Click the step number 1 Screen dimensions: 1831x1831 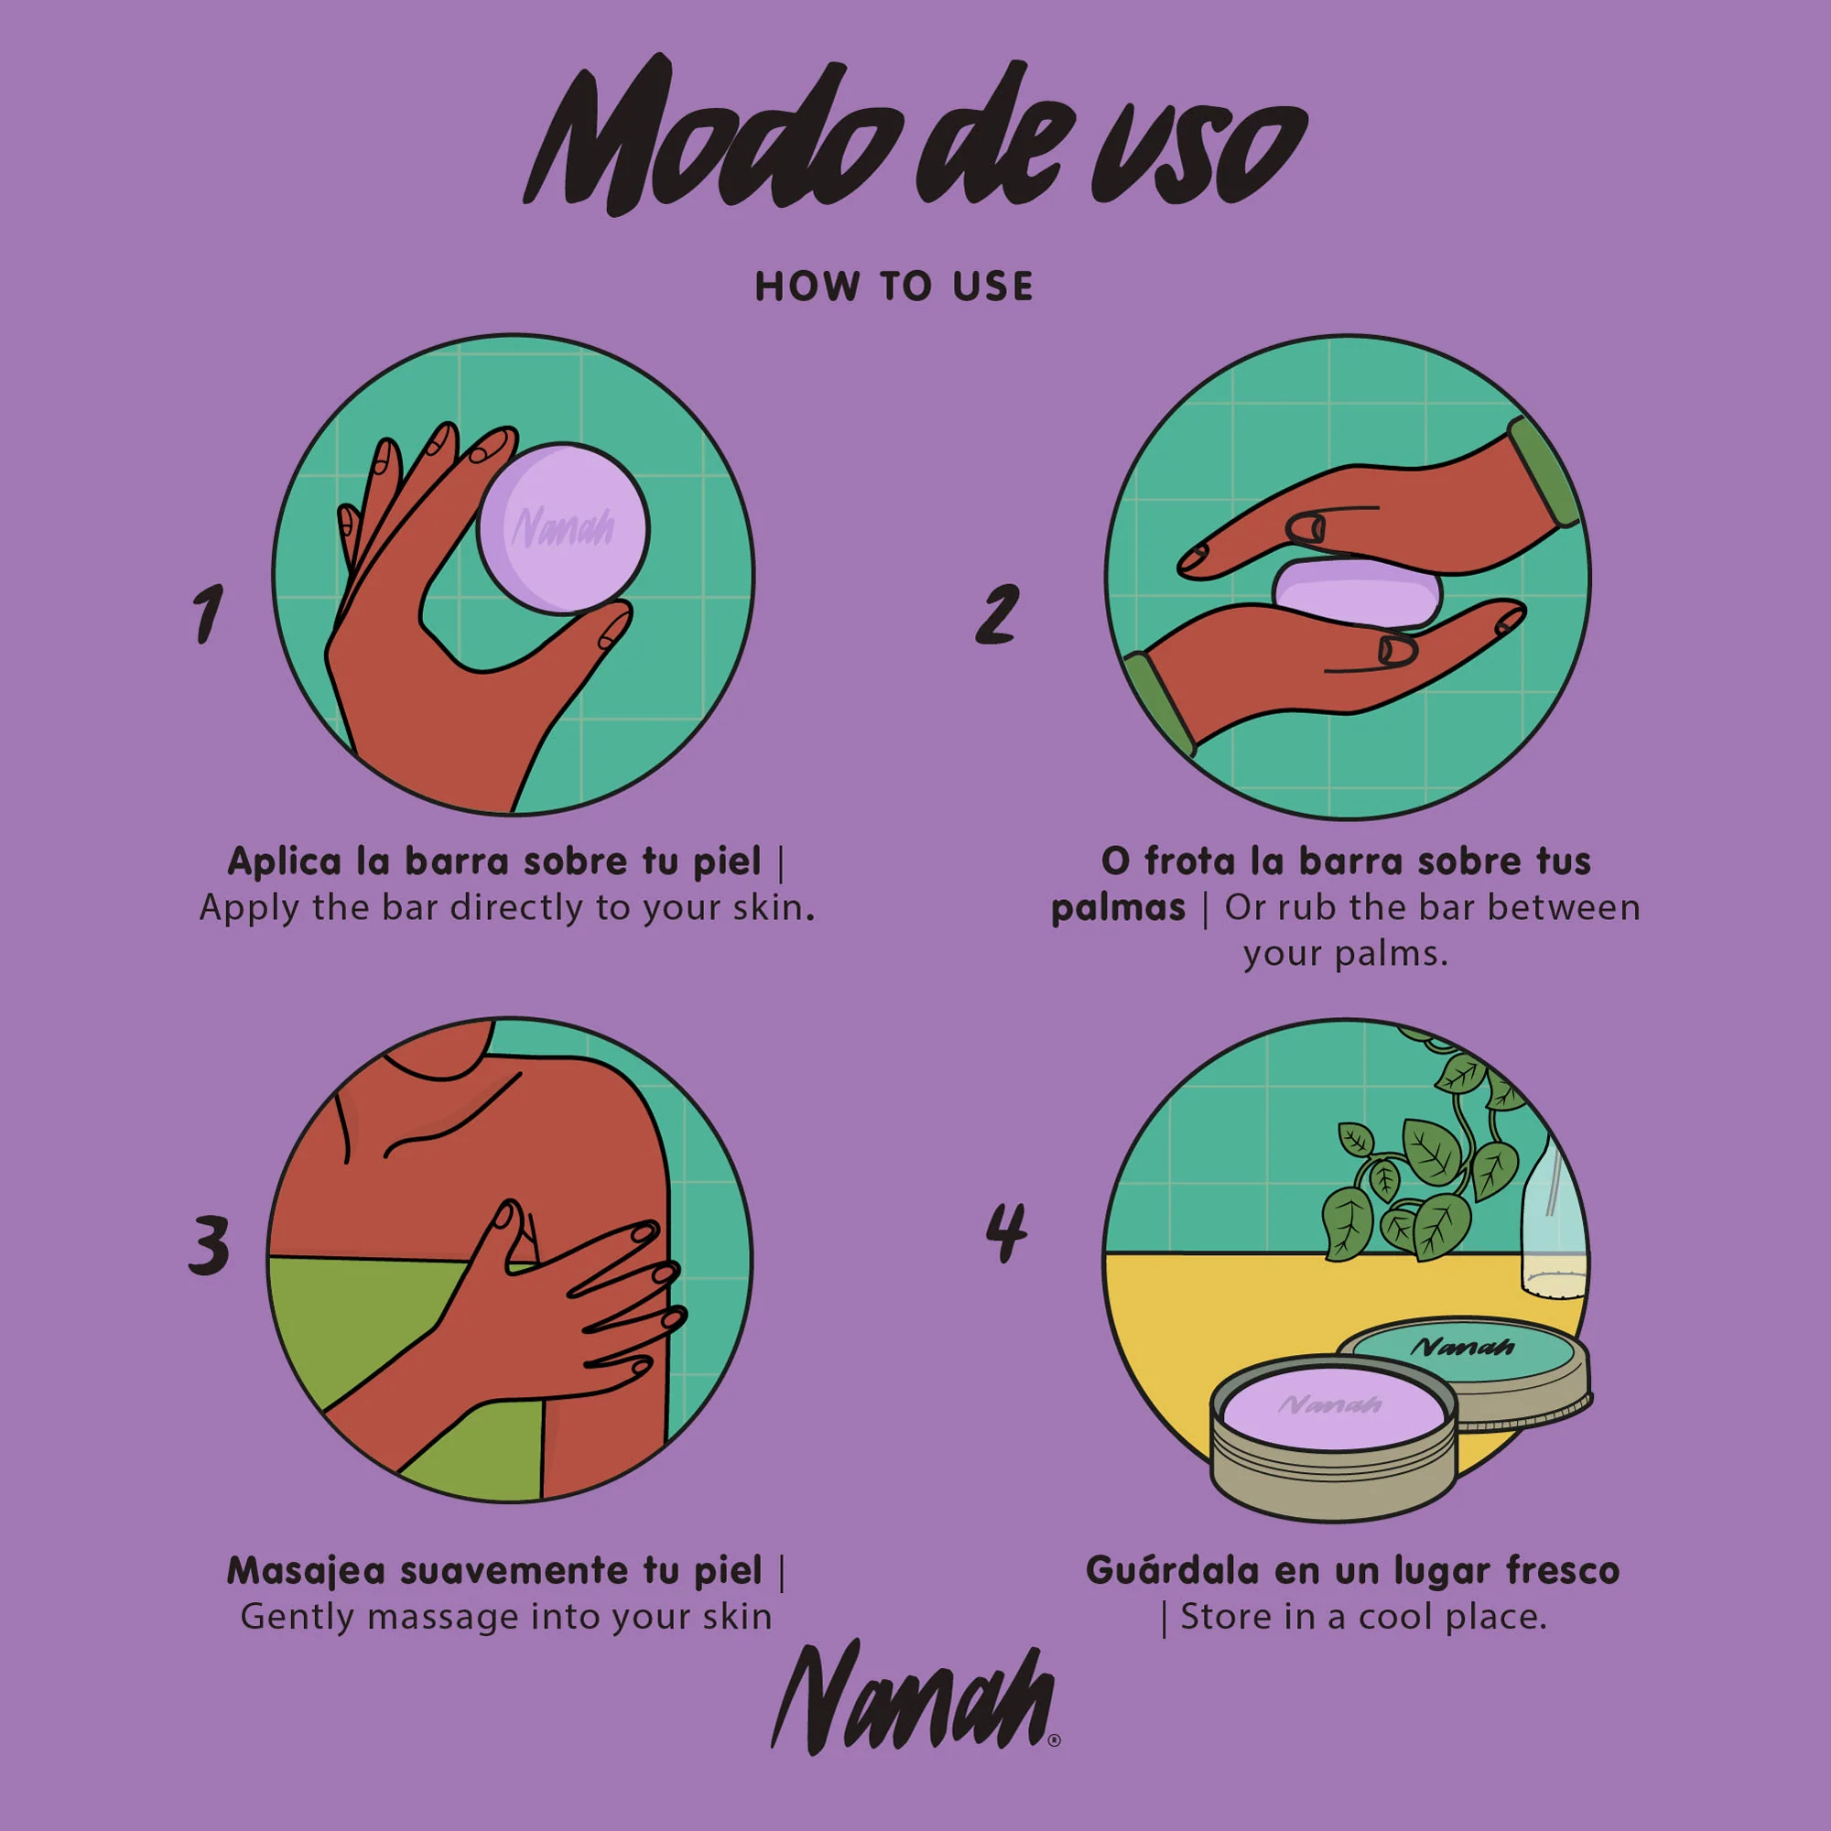209,613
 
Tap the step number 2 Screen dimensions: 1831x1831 997,613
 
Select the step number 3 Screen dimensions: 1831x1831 209,1243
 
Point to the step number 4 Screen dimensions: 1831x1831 1005,1232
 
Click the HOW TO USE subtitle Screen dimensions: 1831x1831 894,287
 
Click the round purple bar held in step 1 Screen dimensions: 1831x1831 563,528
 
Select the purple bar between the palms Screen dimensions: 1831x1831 1357,592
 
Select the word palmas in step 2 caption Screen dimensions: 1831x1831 1119,908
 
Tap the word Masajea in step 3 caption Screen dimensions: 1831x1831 306,1571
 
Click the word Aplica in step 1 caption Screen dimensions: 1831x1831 285,861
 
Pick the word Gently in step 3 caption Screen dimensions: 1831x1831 298,1617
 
